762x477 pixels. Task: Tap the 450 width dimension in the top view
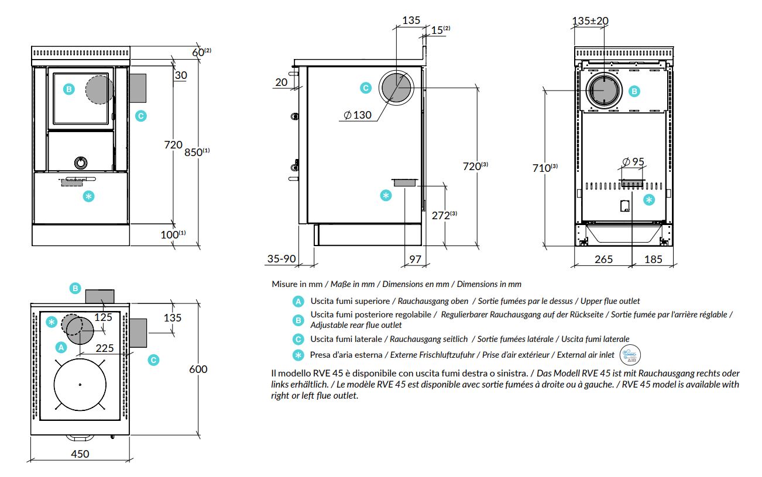pyautogui.click(x=80, y=454)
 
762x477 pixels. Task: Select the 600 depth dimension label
pyautogui.click(x=198, y=369)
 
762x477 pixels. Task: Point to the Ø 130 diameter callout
pyautogui.click(x=358, y=115)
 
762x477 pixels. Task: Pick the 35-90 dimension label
pyautogui.click(x=282, y=259)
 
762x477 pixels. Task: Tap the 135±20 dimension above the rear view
pyautogui.click(x=590, y=21)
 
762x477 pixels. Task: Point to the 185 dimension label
pyautogui.click(x=653, y=259)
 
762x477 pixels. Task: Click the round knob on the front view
pyautogui.click(x=80, y=162)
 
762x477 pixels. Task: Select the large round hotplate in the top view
pyautogui.click(x=80, y=384)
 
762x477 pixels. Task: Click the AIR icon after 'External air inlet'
pyautogui.click(x=631, y=354)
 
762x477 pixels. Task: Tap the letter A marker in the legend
pyautogui.click(x=298, y=302)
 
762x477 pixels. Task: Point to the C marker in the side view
pyautogui.click(x=365, y=88)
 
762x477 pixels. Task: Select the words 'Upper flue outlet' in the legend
pyautogui.click(x=609, y=301)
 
